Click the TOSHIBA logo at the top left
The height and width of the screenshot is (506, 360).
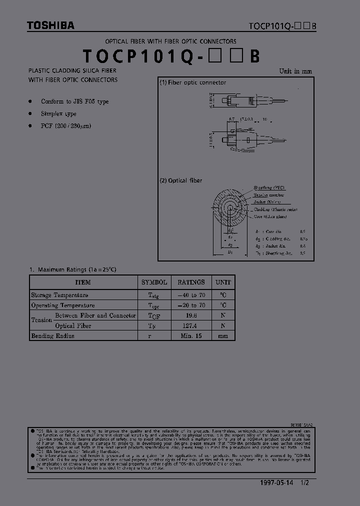(50, 25)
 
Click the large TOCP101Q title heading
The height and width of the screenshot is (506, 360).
(170, 56)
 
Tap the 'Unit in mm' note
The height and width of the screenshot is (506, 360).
(295, 71)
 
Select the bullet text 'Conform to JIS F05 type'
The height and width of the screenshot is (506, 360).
(74, 101)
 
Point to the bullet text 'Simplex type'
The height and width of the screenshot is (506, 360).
(58, 114)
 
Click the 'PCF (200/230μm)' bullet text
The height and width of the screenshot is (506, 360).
(66, 126)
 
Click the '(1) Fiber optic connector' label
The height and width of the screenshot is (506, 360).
(192, 82)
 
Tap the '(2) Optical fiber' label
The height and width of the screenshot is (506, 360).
(180, 180)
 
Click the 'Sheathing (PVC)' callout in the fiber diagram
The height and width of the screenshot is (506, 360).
(269, 187)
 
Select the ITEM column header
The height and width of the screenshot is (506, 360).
(82, 282)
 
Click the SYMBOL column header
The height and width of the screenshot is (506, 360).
(154, 282)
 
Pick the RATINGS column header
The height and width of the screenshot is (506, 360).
(190, 282)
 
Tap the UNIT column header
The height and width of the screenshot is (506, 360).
(223, 282)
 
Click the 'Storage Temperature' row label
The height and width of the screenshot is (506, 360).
(59, 295)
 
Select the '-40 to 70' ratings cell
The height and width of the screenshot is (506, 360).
(190, 295)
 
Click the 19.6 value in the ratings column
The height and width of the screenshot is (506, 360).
(190, 315)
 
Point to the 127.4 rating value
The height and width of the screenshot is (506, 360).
(190, 325)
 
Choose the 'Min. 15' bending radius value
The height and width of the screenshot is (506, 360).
(190, 336)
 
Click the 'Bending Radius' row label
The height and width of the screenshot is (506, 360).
(52, 336)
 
